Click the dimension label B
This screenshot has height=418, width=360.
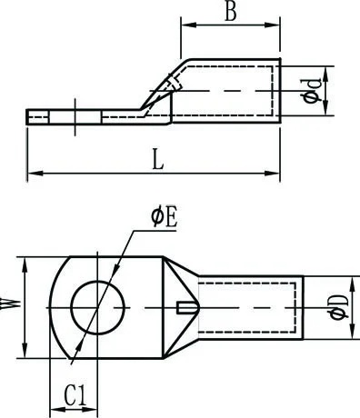(231, 12)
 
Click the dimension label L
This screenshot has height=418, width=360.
(157, 159)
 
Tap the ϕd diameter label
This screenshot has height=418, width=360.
(311, 91)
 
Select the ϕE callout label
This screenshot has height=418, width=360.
(165, 218)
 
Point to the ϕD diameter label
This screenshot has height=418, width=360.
(339, 308)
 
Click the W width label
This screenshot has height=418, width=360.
(8, 304)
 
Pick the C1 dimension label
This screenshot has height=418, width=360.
(75, 395)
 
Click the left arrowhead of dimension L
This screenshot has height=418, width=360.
(35, 174)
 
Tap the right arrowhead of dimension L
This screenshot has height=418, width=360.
(273, 174)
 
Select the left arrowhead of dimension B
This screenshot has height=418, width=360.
(188, 25)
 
